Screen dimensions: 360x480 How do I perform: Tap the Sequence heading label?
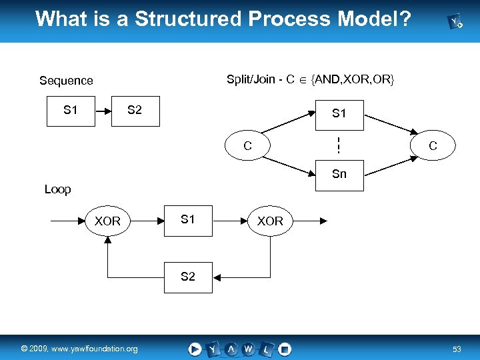(66, 81)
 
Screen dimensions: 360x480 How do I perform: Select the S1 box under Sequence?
(70, 110)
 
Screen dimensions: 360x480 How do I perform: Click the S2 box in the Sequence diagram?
(135, 110)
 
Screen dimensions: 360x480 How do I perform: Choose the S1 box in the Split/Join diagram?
(339, 113)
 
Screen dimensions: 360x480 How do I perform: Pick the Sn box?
(339, 174)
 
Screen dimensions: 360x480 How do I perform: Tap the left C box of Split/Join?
(247, 145)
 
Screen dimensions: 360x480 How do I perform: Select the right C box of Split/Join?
(433, 145)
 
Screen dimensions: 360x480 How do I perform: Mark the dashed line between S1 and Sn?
(339, 144)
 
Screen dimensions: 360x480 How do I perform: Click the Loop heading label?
(57, 189)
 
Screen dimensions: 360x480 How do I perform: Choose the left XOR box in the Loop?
(107, 221)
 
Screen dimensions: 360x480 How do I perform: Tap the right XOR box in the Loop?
(270, 221)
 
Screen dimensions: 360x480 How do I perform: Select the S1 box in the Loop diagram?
(188, 220)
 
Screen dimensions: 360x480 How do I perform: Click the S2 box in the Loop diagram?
(188, 277)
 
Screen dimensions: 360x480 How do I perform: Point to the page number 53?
(457, 349)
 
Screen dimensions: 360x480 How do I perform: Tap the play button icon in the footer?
(195, 348)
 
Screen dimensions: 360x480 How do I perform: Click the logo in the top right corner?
(457, 23)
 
